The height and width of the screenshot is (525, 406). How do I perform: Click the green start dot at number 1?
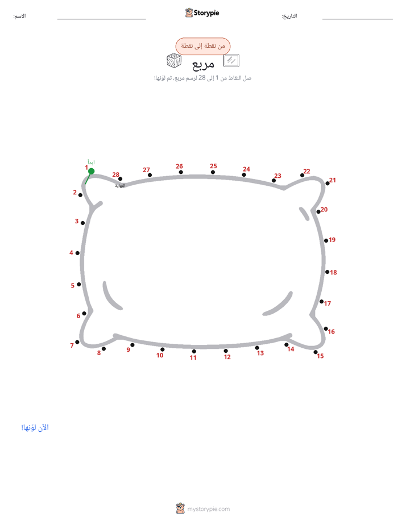(91, 172)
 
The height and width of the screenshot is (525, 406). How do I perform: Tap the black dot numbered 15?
(316, 352)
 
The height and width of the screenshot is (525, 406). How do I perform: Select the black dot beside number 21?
(328, 183)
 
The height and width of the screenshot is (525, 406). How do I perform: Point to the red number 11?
(193, 357)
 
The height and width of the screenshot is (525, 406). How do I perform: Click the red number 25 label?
(213, 166)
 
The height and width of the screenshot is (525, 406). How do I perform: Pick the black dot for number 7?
(77, 342)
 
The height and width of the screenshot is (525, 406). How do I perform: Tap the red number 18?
(333, 273)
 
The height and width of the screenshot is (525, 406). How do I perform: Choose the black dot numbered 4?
(77, 253)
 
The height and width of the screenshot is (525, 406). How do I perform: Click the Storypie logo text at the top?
(206, 13)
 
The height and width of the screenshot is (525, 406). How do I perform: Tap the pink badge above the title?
(203, 46)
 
